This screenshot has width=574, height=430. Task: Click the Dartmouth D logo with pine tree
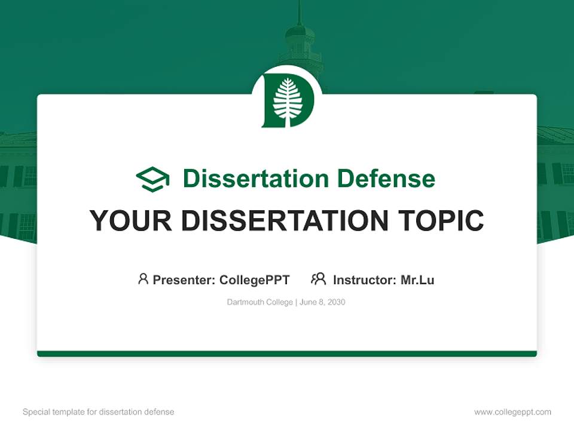click(x=287, y=101)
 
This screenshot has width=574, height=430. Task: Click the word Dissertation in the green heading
click(x=255, y=179)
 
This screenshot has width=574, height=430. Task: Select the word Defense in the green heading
click(x=386, y=179)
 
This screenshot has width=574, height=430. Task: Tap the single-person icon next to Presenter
click(x=143, y=279)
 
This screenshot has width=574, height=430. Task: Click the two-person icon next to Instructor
click(x=318, y=279)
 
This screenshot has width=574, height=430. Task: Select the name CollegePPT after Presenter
click(x=255, y=279)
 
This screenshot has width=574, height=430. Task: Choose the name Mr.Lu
click(x=417, y=279)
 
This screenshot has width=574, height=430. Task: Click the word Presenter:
click(x=184, y=279)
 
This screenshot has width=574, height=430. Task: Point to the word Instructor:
click(x=365, y=279)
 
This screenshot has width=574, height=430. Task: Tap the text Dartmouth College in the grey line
click(x=259, y=302)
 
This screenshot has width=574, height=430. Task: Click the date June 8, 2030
click(x=322, y=302)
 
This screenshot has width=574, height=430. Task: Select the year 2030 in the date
click(x=336, y=302)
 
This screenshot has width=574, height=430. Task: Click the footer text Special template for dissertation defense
click(x=99, y=412)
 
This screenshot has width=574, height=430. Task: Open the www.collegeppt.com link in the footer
click(x=512, y=412)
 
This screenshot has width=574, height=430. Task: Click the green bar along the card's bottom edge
click(x=287, y=354)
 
